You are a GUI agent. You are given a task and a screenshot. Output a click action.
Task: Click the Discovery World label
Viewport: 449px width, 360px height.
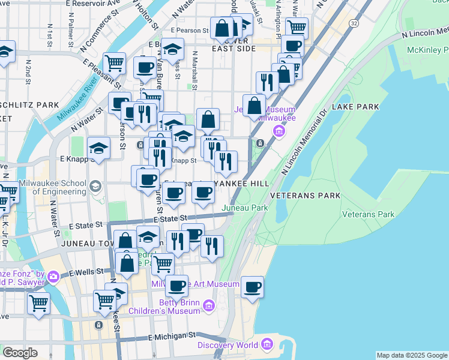[x=228, y=345]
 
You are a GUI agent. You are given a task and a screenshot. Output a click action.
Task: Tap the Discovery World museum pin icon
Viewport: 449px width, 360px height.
[x=267, y=345]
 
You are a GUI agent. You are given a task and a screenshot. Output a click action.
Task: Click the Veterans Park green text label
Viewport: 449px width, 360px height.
[x=368, y=214]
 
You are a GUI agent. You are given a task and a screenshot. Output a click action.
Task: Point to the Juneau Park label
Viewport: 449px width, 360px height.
[x=244, y=208]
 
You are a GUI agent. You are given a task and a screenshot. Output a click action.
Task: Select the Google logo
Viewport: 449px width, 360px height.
[x=20, y=353]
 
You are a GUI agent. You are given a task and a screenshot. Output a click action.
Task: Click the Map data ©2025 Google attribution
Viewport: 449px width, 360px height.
[x=411, y=355]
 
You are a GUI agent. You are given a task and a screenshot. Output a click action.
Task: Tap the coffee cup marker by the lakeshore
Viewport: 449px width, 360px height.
[x=252, y=286]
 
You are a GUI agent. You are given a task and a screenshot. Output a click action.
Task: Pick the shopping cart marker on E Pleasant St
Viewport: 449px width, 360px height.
[x=113, y=62]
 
